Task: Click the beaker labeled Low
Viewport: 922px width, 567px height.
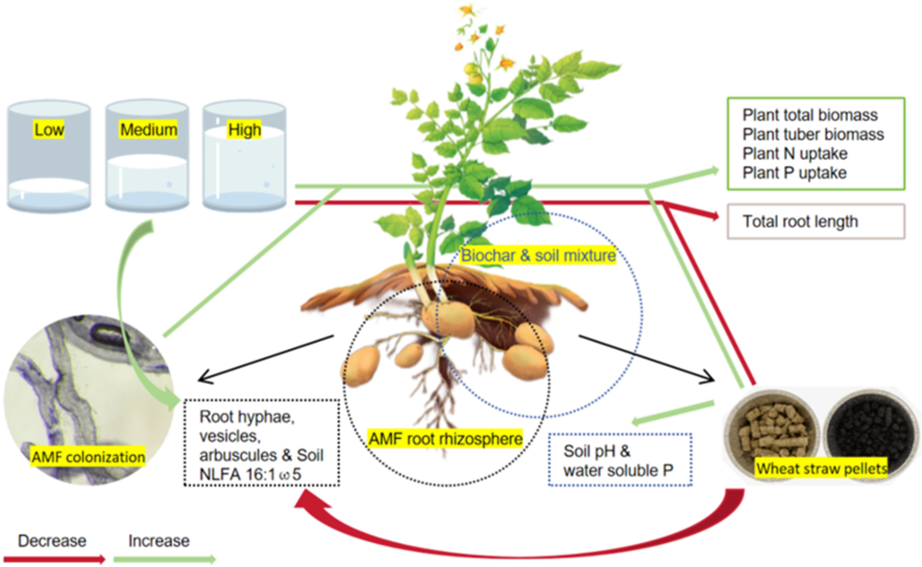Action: [49, 156]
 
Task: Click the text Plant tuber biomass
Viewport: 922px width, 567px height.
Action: [813, 134]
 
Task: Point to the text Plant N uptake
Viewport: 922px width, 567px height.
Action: [795, 154]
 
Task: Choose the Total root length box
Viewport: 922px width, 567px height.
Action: [816, 221]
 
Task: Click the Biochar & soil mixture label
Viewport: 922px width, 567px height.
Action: [538, 256]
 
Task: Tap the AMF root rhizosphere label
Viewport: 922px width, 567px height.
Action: [445, 439]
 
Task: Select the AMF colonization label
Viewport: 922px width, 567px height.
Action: [88, 457]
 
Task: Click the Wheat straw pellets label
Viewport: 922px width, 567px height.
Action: [821, 468]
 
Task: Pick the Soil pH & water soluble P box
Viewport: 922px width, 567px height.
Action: [620, 460]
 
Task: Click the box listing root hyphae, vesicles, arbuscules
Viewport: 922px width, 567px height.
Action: [262, 443]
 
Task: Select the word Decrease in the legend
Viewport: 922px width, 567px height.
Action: [52, 541]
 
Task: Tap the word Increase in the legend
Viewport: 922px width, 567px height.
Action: [159, 541]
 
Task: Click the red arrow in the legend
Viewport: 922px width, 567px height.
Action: [55, 559]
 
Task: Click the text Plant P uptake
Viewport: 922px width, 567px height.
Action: [794, 173]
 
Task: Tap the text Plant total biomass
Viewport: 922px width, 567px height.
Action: [810, 115]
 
